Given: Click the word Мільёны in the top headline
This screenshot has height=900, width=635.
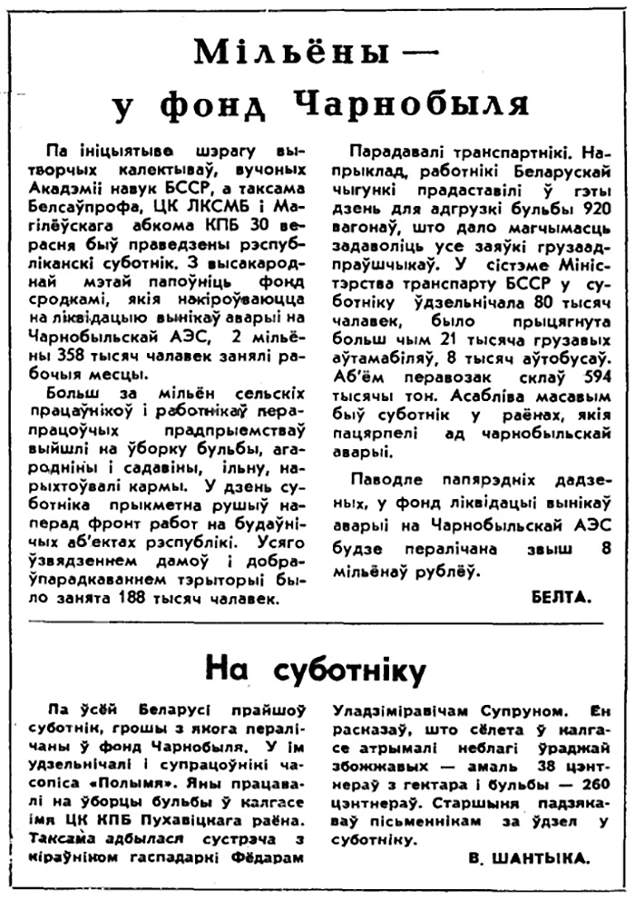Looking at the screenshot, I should click(273, 56).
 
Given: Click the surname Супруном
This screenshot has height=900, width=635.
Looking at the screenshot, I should click(502, 723).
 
